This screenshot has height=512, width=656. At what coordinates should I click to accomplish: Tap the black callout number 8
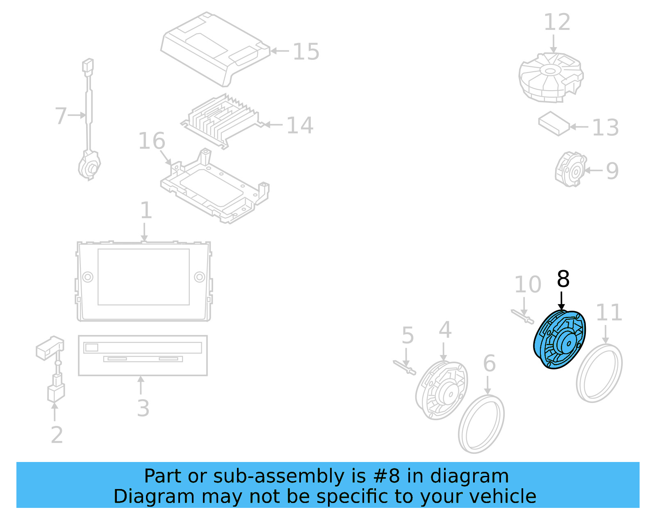coord(563,279)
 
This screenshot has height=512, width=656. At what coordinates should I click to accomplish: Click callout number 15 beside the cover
coord(306,52)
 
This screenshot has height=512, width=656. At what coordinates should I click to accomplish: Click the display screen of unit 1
coord(143,277)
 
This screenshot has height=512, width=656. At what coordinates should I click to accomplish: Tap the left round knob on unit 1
coord(88,277)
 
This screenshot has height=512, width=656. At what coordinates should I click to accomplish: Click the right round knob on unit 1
coord(199,277)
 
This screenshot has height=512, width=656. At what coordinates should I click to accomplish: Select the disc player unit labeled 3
coord(143,355)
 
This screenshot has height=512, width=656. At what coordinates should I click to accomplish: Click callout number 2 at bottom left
coord(57,435)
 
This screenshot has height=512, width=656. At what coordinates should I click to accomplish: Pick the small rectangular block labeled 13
coord(554,123)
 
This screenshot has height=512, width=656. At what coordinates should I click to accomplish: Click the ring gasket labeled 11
coord(599,373)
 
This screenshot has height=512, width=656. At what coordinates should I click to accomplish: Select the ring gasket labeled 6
coord(481,424)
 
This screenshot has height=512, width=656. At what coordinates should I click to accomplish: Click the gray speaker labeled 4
coord(442,390)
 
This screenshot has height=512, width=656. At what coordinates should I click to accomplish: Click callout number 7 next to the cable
coord(61,116)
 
